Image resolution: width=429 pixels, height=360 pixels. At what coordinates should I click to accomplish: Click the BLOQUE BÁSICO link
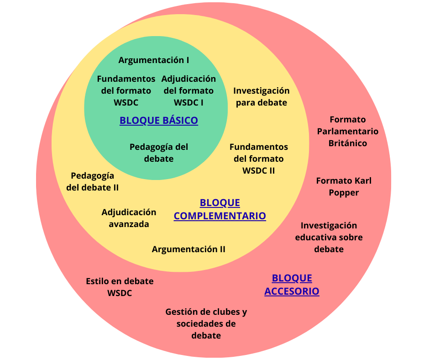click(x=158, y=121)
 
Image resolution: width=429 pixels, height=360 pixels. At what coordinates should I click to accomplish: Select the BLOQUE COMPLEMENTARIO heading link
click(x=220, y=209)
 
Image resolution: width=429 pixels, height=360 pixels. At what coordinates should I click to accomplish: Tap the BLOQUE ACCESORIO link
click(x=292, y=285)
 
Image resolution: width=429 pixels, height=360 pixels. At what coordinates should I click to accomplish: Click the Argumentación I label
click(x=154, y=60)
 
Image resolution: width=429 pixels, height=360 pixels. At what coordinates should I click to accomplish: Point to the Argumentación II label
click(x=188, y=249)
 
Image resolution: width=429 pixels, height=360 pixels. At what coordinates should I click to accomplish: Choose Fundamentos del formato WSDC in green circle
click(x=126, y=90)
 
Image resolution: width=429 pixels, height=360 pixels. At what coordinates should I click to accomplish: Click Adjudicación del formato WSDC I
click(x=188, y=90)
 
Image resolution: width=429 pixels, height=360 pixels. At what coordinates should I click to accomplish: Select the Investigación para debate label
click(x=262, y=96)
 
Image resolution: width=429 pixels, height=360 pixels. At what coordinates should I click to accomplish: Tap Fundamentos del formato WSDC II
click(x=259, y=159)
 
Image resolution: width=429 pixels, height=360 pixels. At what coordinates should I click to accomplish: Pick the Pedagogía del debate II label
click(x=93, y=181)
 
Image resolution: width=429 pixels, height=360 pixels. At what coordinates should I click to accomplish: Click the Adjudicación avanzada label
click(x=129, y=218)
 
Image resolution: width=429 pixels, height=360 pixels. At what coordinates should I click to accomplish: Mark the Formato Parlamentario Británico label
click(x=348, y=131)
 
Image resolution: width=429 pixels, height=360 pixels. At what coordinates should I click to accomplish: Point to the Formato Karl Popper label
click(x=344, y=186)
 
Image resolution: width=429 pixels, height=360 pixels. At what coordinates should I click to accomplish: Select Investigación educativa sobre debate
click(x=329, y=237)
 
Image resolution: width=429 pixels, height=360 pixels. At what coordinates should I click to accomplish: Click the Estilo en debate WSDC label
click(x=120, y=287)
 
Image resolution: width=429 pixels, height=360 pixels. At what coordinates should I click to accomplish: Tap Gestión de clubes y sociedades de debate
click(x=206, y=323)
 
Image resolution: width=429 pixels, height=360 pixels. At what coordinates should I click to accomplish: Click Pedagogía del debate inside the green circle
click(x=159, y=153)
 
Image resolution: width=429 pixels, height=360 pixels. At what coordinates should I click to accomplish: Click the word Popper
click(x=344, y=192)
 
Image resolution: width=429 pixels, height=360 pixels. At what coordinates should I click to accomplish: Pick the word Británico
click(x=348, y=143)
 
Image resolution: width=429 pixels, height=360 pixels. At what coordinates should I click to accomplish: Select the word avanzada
click(x=129, y=224)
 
